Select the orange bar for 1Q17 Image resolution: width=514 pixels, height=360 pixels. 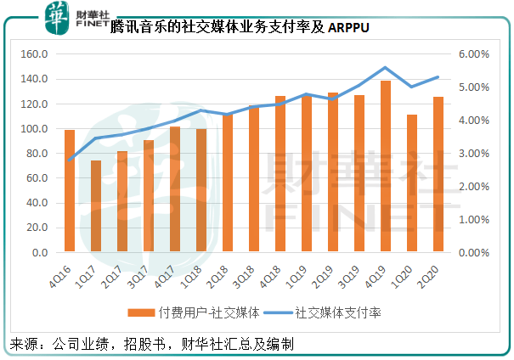click(x=96, y=206)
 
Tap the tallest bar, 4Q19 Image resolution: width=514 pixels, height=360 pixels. click(x=386, y=166)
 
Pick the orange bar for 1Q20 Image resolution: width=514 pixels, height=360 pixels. click(x=412, y=183)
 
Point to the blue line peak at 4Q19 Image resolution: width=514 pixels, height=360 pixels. click(x=386, y=67)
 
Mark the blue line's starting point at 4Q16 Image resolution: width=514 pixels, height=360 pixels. click(x=70, y=160)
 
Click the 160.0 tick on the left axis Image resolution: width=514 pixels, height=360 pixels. click(x=35, y=54)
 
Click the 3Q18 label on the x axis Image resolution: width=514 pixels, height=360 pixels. click(x=251, y=273)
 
